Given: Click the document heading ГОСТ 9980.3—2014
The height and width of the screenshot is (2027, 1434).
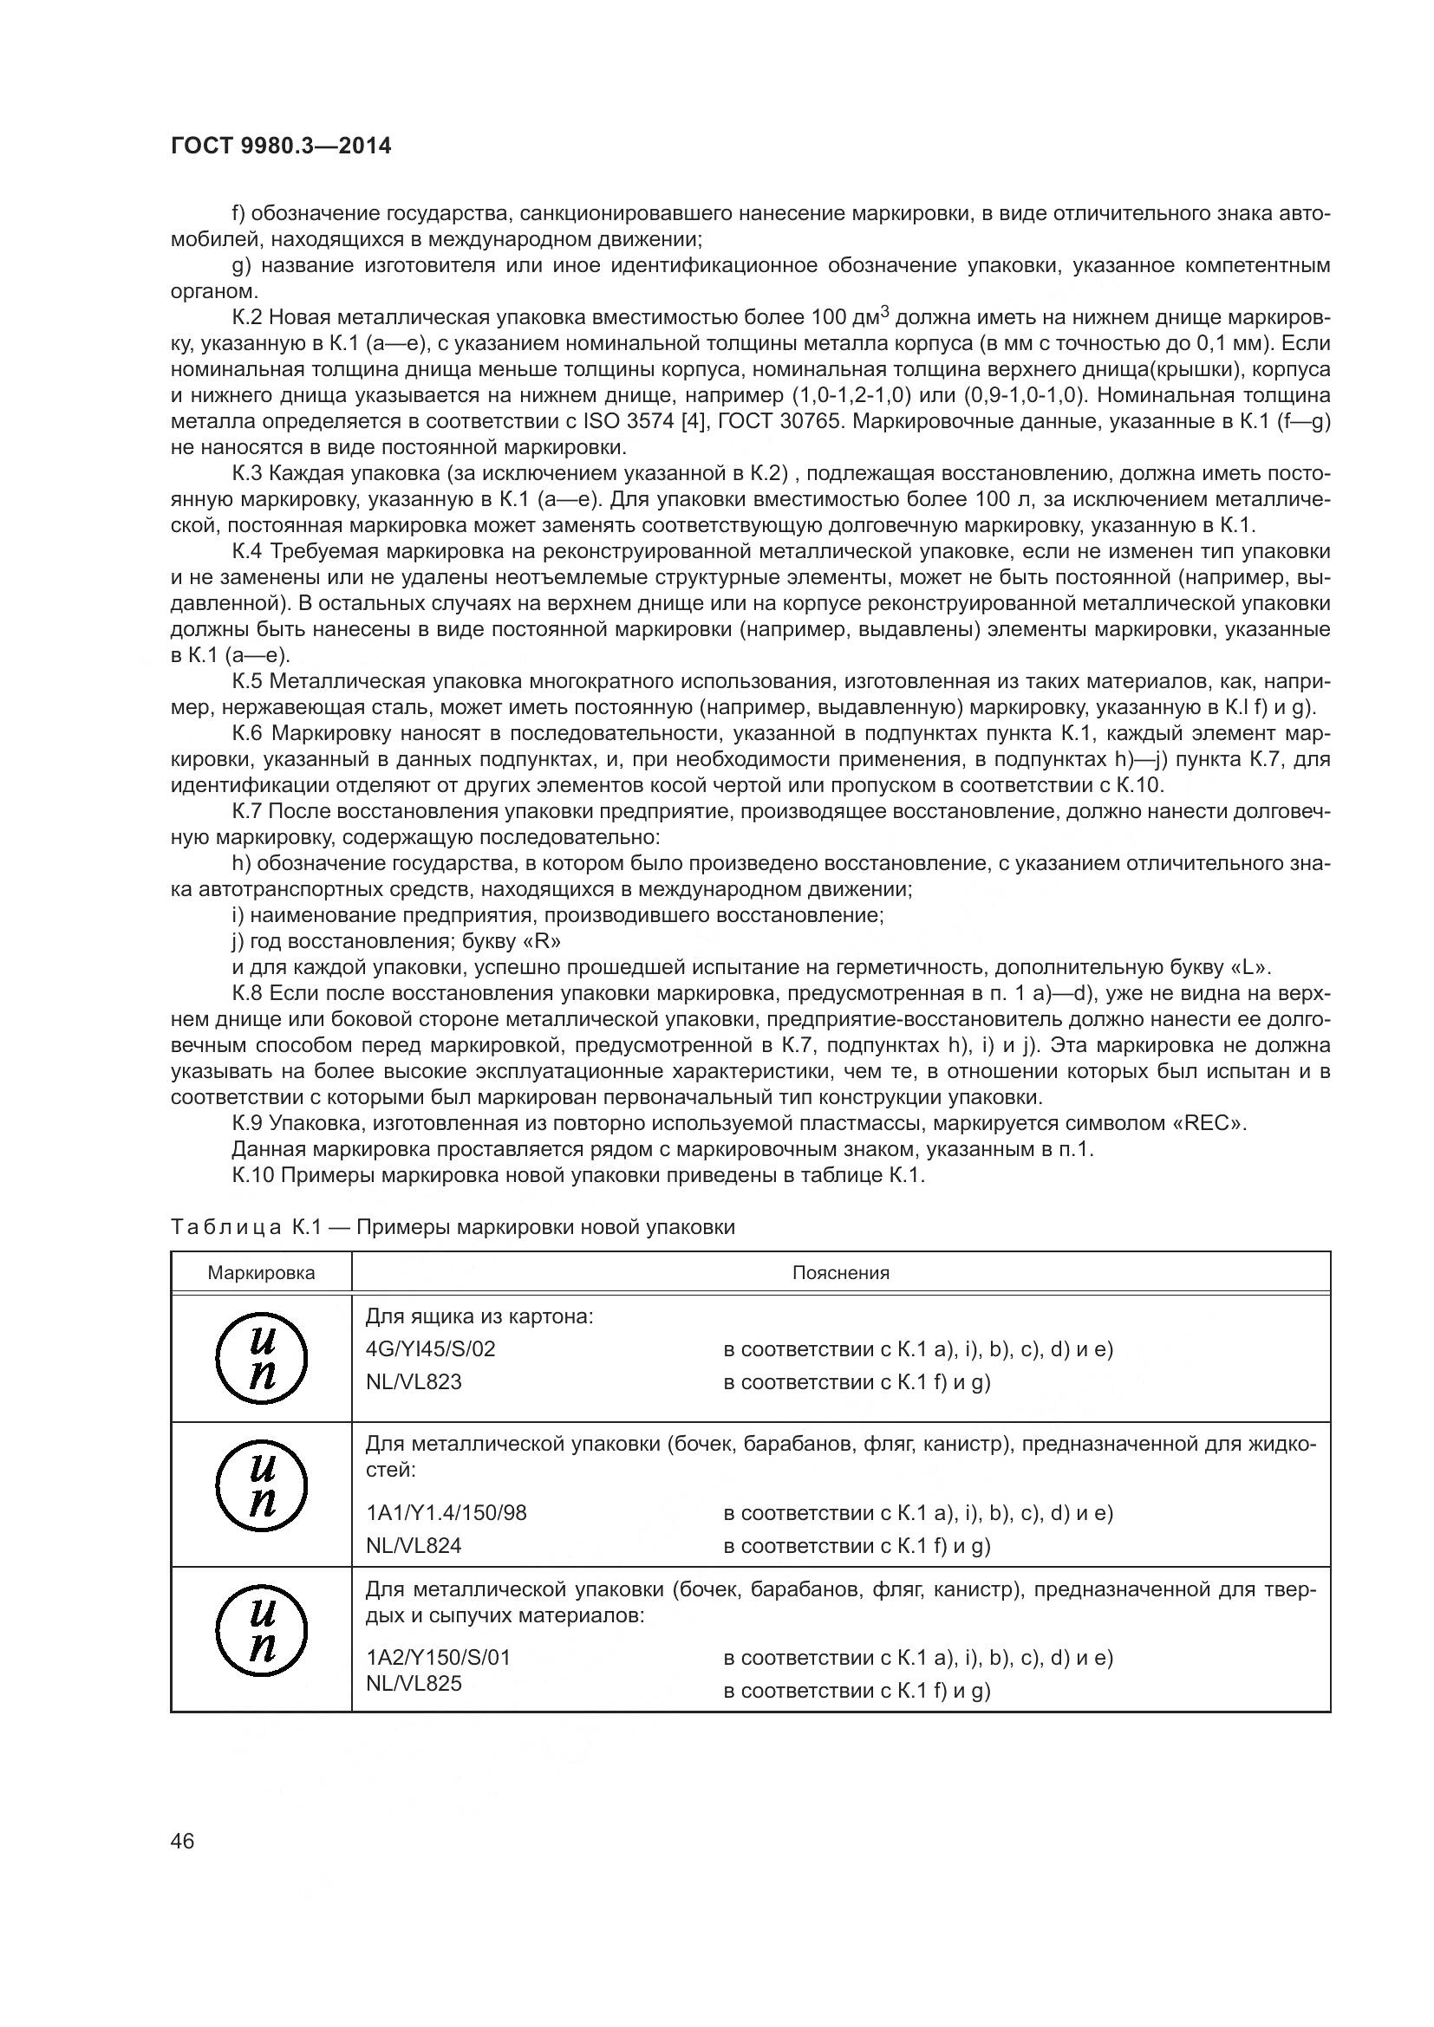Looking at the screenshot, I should pos(281,146).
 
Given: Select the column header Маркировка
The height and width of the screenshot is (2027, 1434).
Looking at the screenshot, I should pos(260,1273).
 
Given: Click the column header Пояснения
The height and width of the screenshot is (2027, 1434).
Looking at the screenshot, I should pos(841,1273).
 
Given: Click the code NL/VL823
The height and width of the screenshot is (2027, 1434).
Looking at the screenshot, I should pos(414,1381).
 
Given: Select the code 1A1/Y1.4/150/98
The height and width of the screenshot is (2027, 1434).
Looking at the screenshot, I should pos(446,1512).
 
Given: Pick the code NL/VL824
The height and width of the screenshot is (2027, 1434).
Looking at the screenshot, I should pos(414,1545).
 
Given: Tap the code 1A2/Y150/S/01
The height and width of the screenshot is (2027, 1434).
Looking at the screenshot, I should pos(438,1657).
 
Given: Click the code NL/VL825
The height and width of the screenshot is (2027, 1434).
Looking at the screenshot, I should pos(414,1683).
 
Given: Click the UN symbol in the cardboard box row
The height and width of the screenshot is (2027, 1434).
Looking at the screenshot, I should pos(261,1359).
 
